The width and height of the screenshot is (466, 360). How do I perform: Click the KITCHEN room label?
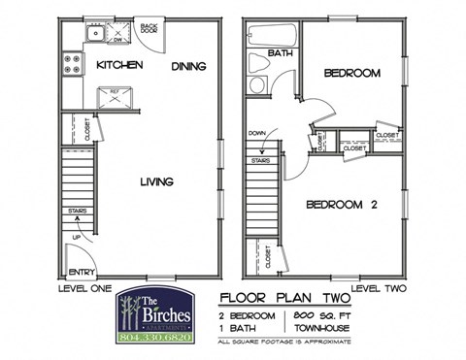(x=119, y=65)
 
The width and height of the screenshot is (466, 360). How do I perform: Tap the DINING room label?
(x=189, y=66)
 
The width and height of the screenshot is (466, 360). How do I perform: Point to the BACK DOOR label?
(x=150, y=28)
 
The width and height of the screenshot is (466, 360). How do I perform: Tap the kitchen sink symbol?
(x=94, y=37)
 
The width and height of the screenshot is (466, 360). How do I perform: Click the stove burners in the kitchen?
(x=72, y=65)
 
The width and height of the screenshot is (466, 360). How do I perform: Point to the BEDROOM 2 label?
(x=341, y=205)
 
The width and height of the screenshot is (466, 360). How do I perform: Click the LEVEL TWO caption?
(x=377, y=289)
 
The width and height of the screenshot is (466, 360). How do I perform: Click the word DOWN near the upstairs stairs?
(x=257, y=133)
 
